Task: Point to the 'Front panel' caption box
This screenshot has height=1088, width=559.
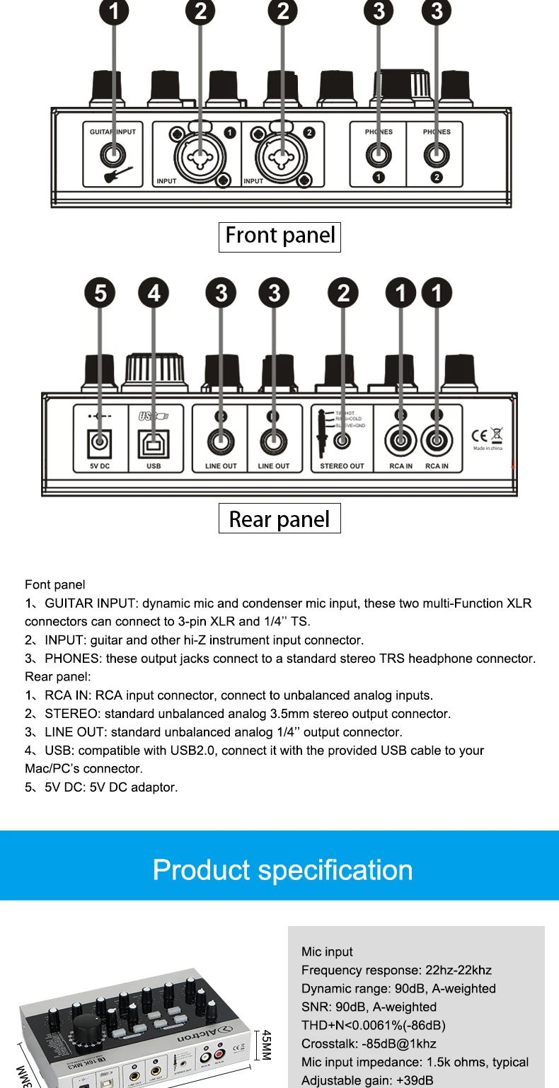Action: [279, 236]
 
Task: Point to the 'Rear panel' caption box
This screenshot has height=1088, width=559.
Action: [279, 519]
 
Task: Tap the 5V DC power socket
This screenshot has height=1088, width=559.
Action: [100, 444]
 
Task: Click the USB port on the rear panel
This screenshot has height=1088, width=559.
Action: [153, 444]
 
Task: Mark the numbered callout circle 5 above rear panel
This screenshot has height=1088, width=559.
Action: [100, 292]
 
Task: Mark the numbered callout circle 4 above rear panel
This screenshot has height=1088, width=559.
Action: [154, 292]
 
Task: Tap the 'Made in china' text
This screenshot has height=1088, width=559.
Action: [488, 448]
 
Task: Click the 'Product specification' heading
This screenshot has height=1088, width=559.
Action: [282, 869]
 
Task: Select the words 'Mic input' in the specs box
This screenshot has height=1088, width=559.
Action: [327, 951]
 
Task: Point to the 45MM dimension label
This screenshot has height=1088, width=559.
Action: [266, 1044]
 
